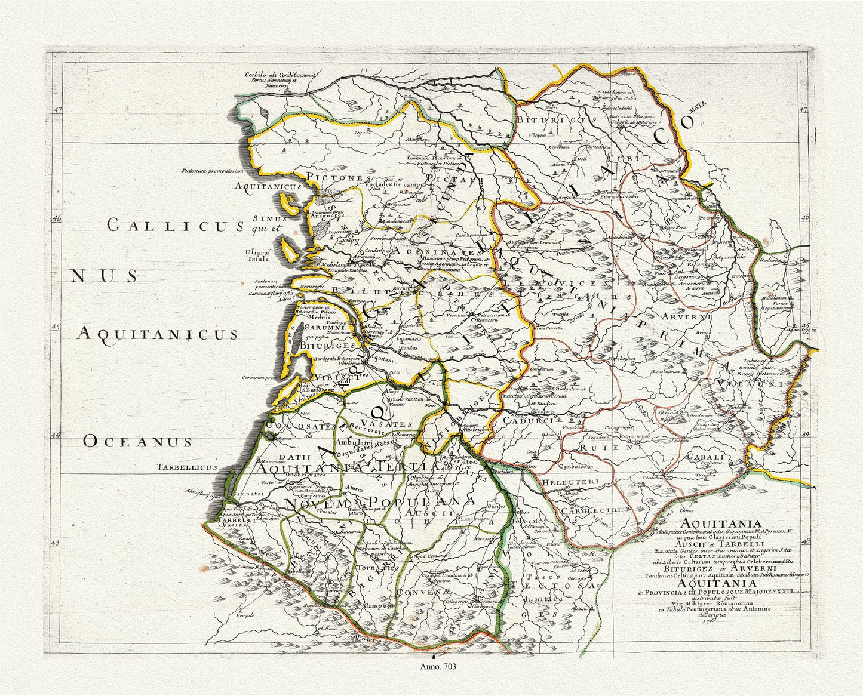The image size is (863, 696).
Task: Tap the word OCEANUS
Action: (137, 441)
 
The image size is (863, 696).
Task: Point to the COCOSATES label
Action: (299, 426)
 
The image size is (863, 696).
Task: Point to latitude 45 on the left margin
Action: (57, 327)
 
